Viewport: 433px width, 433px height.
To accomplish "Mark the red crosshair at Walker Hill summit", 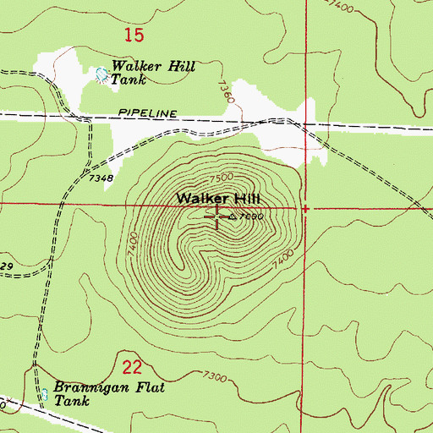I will [x=218, y=216].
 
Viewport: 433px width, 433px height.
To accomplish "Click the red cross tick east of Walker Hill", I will [x=305, y=207].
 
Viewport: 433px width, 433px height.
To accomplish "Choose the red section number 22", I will [x=131, y=366].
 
